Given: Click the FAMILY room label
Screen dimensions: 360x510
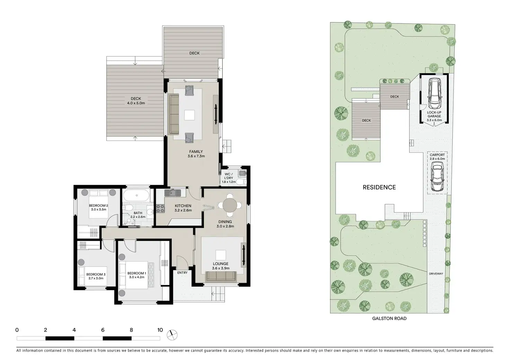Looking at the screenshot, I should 196,152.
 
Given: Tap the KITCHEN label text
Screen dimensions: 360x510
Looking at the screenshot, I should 183,206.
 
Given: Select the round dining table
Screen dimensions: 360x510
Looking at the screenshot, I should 230,205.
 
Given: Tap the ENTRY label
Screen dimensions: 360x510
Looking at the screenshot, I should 182,273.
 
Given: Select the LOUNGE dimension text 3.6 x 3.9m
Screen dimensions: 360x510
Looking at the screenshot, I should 220,268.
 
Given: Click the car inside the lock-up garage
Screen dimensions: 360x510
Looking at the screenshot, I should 434,93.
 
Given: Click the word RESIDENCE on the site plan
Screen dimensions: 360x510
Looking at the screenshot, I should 379,187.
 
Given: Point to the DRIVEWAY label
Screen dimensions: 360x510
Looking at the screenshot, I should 436,273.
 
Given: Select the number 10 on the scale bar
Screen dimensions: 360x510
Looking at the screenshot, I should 160,330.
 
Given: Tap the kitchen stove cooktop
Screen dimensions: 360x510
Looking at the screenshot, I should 160,208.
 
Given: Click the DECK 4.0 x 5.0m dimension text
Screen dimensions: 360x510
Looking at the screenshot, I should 136,103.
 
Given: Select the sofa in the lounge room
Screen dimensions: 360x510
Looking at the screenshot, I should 221,276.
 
